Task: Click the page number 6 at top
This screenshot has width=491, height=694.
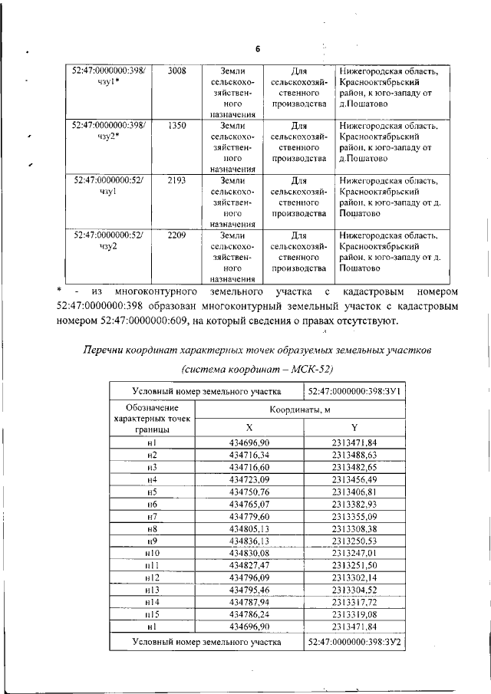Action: [x=259, y=48]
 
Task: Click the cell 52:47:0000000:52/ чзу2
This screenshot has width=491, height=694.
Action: [x=107, y=241]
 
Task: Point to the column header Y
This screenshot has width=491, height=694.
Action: [x=354, y=427]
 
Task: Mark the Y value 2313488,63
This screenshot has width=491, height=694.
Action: [x=354, y=455]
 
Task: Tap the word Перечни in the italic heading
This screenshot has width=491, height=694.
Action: [x=108, y=350]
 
